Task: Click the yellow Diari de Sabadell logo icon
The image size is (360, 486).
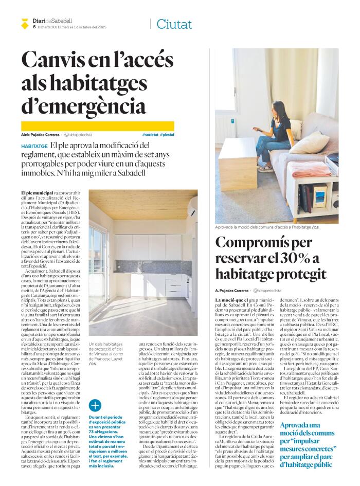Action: coord(24,23)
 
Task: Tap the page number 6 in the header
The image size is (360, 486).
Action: coord(34,27)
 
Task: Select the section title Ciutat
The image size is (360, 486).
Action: coord(174,24)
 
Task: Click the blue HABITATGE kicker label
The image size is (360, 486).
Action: coord(34,147)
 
